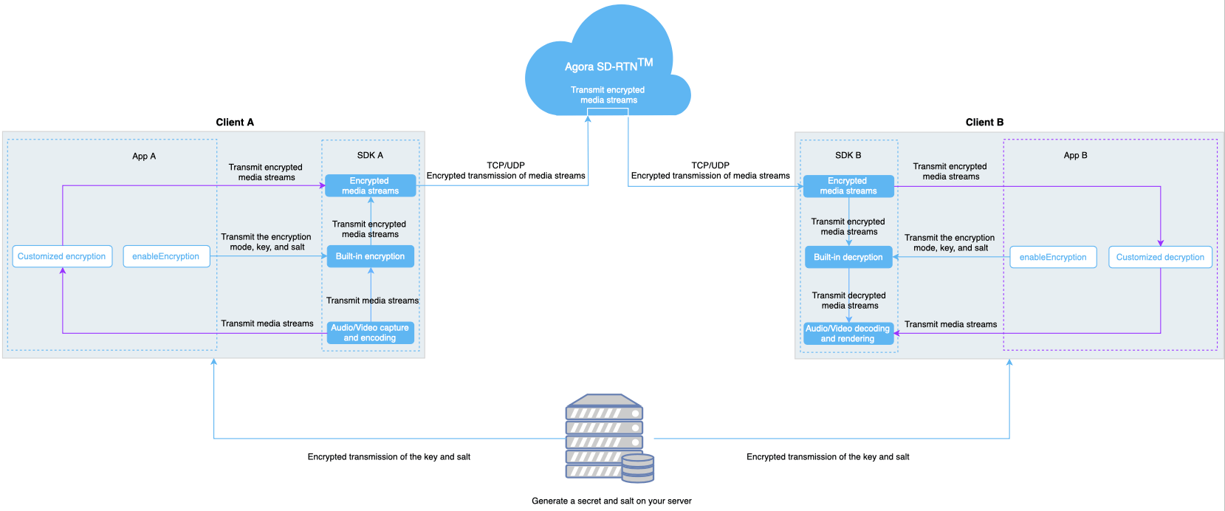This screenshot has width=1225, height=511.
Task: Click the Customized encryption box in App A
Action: point(62,256)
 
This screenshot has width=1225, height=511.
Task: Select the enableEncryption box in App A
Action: point(166,256)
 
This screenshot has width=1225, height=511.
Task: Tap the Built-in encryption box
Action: point(370,256)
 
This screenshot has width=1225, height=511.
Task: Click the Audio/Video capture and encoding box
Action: point(370,332)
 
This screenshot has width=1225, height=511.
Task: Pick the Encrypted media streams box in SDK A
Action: point(370,185)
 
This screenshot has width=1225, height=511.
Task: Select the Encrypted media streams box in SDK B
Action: point(848,185)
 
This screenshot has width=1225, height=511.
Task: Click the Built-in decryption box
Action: point(848,257)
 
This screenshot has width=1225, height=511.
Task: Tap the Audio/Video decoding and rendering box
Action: point(848,333)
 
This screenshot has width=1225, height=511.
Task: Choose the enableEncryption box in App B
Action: point(1053,257)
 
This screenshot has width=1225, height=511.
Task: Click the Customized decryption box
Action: point(1160,257)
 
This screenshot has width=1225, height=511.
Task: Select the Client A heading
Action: point(235,122)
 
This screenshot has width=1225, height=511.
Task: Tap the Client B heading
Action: point(984,122)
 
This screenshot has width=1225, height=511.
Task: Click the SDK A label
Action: point(370,155)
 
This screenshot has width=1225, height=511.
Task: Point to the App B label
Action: point(1075,155)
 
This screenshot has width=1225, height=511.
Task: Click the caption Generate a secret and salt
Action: point(611,501)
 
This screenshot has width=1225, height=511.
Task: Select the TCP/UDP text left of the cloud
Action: point(506,165)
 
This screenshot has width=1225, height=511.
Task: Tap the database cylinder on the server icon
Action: point(638,468)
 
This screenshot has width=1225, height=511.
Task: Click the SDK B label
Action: point(848,155)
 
